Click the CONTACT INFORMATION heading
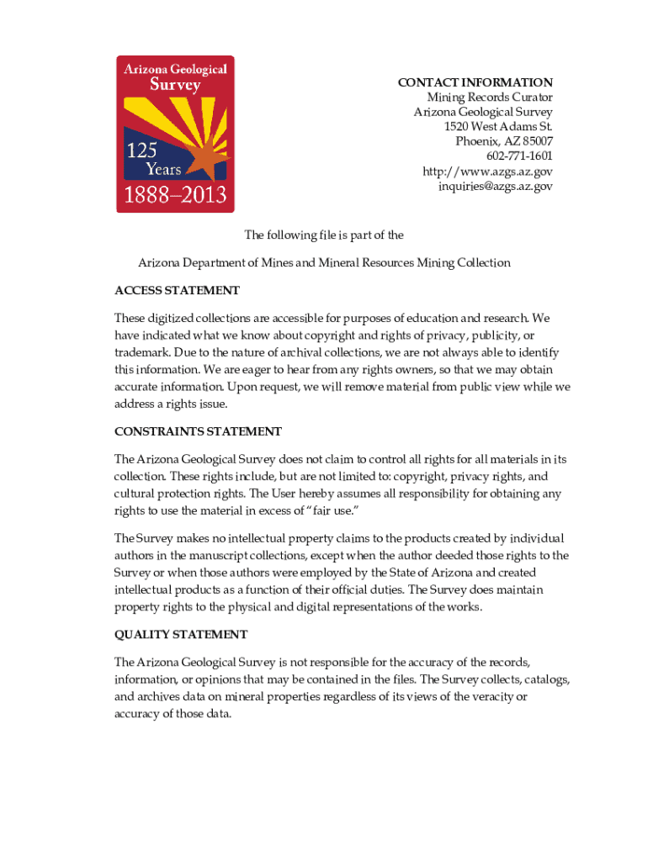475,82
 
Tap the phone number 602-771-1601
519,156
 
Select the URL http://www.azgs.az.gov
487,172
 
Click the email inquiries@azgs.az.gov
495,186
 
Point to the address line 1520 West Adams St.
498,127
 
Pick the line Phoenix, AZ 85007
503,141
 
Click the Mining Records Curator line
489,98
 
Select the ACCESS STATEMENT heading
177,291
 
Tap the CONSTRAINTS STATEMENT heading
198,431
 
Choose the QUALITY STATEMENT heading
181,635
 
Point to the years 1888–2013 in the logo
175,196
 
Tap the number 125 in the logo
142,152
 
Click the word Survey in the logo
175,84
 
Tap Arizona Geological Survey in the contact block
482,112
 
